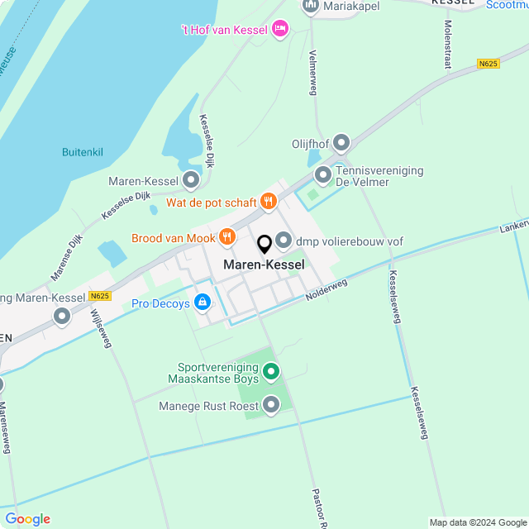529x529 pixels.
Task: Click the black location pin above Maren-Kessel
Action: pyautogui.click(x=264, y=245)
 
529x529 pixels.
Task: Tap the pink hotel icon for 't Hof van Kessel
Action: pyautogui.click(x=280, y=30)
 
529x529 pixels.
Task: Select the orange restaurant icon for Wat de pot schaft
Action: pyautogui.click(x=268, y=202)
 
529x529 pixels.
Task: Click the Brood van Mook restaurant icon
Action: pyautogui.click(x=227, y=238)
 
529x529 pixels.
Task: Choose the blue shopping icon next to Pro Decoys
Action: pyautogui.click(x=203, y=303)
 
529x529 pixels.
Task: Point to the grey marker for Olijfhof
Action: pyautogui.click(x=341, y=144)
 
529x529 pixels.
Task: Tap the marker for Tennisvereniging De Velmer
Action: pyautogui.click(x=323, y=175)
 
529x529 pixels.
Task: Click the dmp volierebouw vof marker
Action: pyautogui.click(x=284, y=241)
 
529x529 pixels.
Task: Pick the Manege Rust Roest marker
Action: pyautogui.click(x=271, y=404)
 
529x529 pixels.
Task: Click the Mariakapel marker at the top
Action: pyautogui.click(x=311, y=6)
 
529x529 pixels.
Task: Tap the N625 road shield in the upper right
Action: pyautogui.click(x=488, y=64)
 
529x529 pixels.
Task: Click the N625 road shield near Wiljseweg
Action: pyautogui.click(x=100, y=296)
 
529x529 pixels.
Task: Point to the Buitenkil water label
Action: pyautogui.click(x=83, y=152)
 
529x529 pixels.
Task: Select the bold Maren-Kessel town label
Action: pyautogui.click(x=264, y=264)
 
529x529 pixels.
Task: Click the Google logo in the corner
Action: pyautogui.click(x=27, y=518)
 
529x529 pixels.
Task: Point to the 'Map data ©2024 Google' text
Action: pyautogui.click(x=477, y=522)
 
